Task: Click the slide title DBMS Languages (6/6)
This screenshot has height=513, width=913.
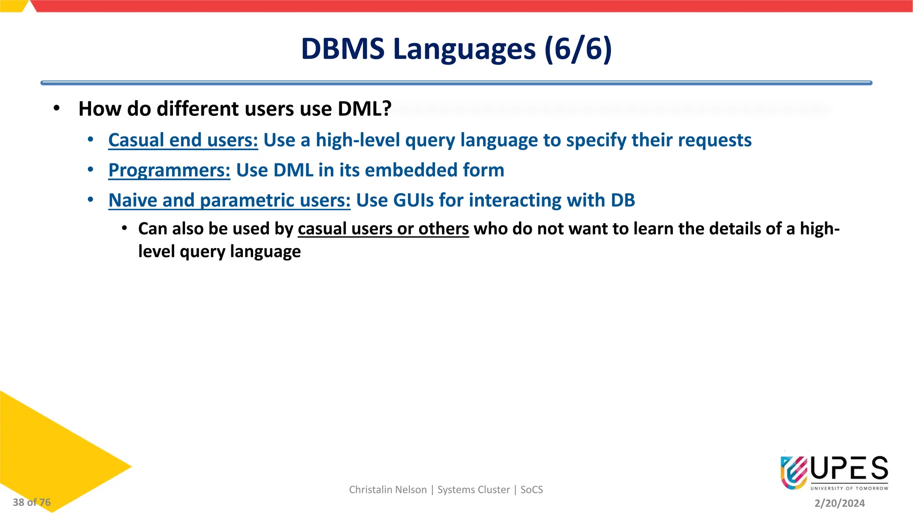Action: (x=456, y=49)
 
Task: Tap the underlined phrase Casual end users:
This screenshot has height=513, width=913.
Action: (x=183, y=140)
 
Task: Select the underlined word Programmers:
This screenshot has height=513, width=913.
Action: (x=169, y=171)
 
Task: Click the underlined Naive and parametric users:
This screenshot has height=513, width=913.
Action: (x=229, y=200)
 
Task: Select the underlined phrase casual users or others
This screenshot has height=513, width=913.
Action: (x=383, y=229)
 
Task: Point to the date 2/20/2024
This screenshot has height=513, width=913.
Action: (x=839, y=503)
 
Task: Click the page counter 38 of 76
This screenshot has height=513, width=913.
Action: (x=32, y=502)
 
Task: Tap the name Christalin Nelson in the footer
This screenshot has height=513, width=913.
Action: (x=387, y=490)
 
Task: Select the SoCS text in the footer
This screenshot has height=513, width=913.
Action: (x=531, y=490)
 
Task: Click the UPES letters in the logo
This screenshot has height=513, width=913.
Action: (x=849, y=469)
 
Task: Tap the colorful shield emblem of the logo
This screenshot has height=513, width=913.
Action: (x=794, y=472)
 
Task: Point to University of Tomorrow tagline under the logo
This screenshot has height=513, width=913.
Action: (x=849, y=489)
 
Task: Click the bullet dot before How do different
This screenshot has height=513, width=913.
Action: (x=56, y=109)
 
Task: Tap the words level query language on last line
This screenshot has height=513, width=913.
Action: (x=219, y=252)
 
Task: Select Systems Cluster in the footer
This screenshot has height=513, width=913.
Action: (x=473, y=490)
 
